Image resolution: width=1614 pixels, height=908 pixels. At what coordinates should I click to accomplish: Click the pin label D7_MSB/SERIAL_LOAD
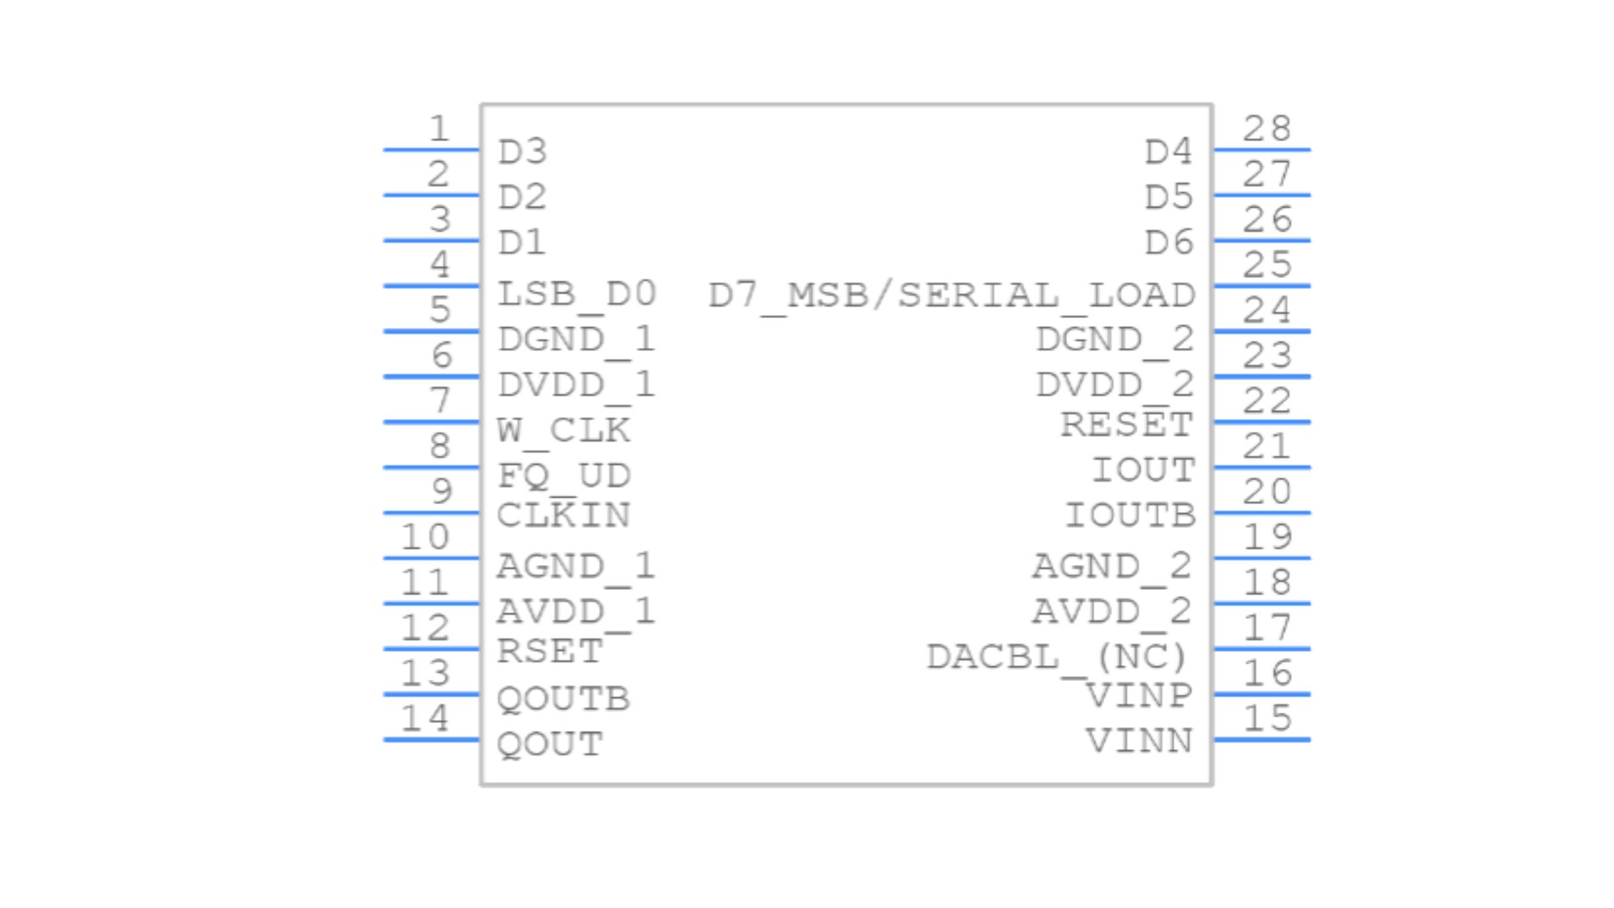pos(951,295)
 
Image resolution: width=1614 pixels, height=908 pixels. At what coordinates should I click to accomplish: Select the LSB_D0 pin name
pos(576,294)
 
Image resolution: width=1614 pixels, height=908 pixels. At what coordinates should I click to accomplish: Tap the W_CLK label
pos(563,431)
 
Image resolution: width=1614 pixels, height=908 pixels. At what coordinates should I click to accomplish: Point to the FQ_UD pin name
pos(563,475)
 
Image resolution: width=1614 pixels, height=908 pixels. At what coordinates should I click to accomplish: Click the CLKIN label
pos(563,515)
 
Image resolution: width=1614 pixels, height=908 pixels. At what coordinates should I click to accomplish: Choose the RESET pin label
pos(1126,424)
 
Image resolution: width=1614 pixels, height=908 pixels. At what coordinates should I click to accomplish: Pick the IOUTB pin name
pos(1130,515)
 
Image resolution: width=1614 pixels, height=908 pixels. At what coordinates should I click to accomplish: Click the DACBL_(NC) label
pos(1057,657)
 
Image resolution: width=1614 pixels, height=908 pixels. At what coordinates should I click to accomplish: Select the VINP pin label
pos(1138,696)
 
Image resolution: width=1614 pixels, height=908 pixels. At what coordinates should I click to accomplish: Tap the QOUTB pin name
pos(563,699)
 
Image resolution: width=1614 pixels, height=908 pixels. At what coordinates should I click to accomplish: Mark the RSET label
pos(550,651)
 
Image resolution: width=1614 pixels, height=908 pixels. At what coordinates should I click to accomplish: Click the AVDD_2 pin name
pos(1112,611)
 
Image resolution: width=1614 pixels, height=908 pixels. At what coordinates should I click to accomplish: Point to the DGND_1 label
pos(576,340)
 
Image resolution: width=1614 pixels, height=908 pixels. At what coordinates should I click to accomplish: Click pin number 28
pos(1267,129)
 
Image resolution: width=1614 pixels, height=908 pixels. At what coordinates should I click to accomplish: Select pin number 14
pos(425,718)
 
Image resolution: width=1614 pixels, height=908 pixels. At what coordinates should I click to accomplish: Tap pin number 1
pos(439,129)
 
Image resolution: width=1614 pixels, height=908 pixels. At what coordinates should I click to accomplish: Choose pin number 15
pos(1267,718)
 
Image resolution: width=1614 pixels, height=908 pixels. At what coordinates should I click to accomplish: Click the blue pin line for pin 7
pos(431,422)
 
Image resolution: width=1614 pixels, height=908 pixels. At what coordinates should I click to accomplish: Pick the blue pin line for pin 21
pos(1262,467)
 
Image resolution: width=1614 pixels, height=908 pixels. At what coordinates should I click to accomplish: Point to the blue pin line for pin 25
pos(1262,286)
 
